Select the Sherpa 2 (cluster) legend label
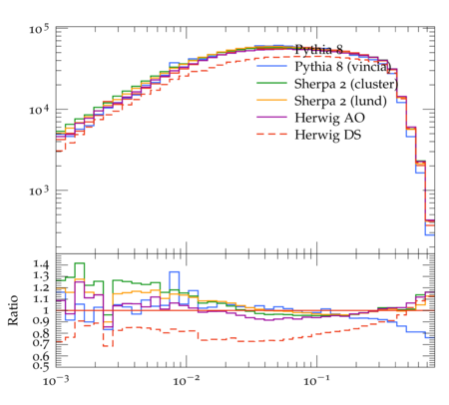(x=346, y=84)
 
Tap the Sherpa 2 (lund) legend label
(x=340, y=101)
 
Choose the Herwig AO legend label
(x=329, y=118)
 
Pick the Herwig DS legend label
(x=328, y=135)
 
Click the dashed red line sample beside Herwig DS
(x=271, y=134)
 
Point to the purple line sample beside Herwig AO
(x=271, y=117)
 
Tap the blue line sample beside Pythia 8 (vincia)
(x=271, y=66)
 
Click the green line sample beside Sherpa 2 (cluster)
(x=271, y=83)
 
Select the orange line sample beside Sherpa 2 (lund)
(x=271, y=100)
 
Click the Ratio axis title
(x=13, y=310)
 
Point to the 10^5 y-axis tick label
(x=39, y=29)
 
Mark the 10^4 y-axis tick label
(x=39, y=110)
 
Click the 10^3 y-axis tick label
(x=39, y=191)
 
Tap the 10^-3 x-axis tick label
(x=56, y=381)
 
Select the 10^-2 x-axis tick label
(x=187, y=381)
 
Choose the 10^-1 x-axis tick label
(x=317, y=381)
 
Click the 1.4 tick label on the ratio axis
(x=41, y=264)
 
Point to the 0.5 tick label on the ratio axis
(x=41, y=366)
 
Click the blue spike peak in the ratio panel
(x=174, y=272)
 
